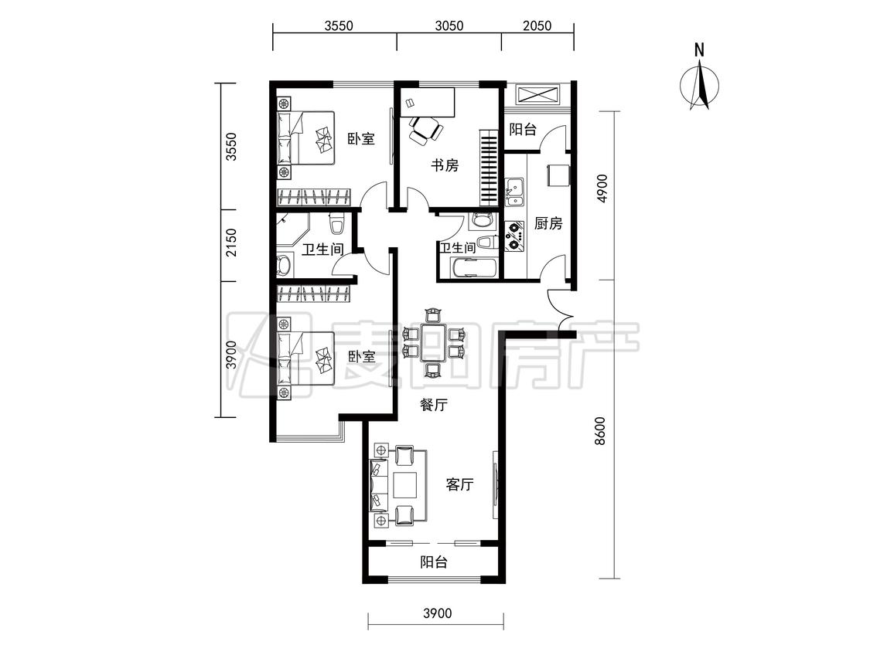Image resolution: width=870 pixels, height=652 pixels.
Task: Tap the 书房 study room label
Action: point(445,165)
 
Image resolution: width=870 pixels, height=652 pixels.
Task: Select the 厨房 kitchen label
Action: point(548,223)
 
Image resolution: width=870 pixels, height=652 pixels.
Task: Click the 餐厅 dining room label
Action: point(433,406)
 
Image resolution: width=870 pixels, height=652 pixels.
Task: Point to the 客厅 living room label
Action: point(460,484)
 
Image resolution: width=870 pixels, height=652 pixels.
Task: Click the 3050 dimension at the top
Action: point(449,25)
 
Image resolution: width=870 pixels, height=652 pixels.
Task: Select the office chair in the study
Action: point(425,131)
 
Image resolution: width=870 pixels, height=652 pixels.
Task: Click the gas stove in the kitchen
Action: point(514,236)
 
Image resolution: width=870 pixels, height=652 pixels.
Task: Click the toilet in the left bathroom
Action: point(337,223)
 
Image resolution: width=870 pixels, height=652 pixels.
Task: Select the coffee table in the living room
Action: point(405,484)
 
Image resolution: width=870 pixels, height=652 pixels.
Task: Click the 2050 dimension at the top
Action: point(537,25)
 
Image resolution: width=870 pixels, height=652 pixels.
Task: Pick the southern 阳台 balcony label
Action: point(434,562)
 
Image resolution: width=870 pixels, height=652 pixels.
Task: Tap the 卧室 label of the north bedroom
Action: point(361,138)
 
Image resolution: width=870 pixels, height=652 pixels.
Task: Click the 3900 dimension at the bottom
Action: point(437,613)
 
